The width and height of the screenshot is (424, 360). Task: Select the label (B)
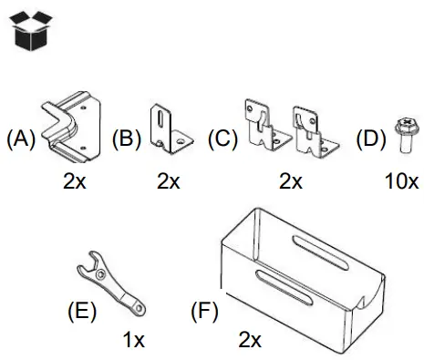point(128,139)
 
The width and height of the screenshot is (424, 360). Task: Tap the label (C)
point(222,139)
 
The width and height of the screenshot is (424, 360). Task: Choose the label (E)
point(82,310)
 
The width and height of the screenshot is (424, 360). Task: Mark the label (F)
point(204,310)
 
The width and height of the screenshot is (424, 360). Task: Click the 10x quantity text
point(400,180)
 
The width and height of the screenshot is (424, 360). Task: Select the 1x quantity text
point(134,341)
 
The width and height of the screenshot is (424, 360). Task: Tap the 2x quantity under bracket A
point(75,180)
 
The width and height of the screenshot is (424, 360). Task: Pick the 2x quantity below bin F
point(250,341)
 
